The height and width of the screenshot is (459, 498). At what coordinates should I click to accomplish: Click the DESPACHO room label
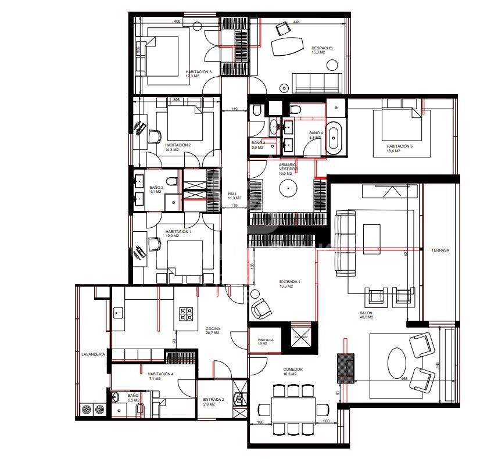click(x=321, y=48)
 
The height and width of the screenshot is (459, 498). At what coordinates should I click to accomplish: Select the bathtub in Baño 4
click(x=335, y=138)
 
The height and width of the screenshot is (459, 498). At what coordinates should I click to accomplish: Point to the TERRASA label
click(x=440, y=250)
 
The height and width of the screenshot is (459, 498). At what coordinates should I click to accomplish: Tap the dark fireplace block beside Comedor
click(x=346, y=368)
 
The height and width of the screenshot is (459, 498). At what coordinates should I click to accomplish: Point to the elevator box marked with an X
click(x=300, y=336)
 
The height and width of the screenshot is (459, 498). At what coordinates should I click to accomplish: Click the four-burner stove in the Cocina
click(x=186, y=314)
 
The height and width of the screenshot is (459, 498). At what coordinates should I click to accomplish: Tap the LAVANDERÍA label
click(x=94, y=353)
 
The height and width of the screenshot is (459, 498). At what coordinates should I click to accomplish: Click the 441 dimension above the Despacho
click(x=296, y=22)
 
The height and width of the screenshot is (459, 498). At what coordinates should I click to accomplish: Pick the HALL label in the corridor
click(x=233, y=194)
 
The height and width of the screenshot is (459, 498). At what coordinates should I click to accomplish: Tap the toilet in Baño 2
click(x=169, y=181)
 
